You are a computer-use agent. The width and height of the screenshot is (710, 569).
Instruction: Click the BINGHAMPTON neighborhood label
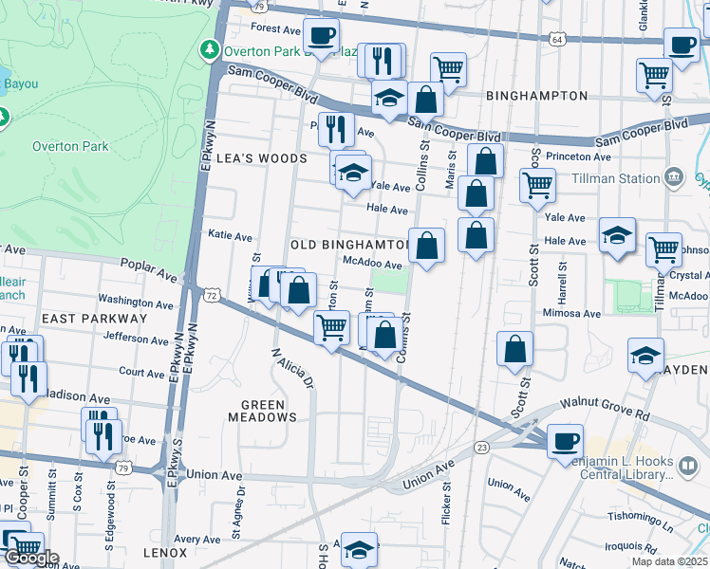coord(536,96)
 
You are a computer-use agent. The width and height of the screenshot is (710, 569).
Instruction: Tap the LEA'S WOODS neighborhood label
coord(262,158)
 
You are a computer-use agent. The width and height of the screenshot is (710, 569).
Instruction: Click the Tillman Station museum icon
coord(674,177)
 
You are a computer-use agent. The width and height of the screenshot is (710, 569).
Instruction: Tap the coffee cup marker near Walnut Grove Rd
coord(566,441)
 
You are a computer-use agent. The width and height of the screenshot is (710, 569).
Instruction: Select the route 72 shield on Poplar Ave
coord(212,296)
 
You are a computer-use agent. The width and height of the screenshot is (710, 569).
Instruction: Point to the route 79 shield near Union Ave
coord(123,467)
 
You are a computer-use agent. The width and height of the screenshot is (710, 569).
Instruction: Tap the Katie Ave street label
coord(230,234)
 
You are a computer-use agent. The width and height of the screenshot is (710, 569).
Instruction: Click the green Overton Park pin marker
coord(208,49)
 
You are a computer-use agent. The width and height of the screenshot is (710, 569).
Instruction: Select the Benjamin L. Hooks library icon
coord(689,466)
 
